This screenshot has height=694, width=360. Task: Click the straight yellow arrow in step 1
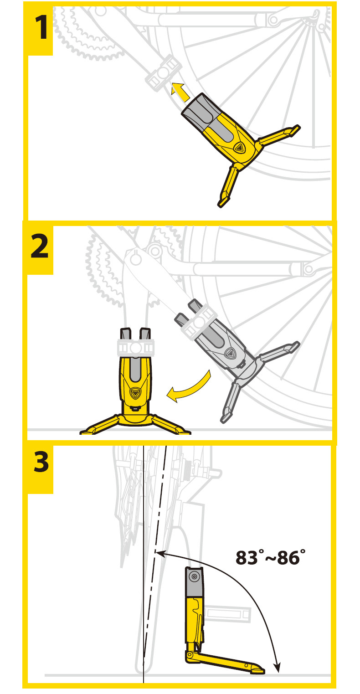180,92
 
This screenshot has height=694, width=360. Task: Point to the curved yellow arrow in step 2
189,387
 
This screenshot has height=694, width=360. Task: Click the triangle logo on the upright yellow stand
135,393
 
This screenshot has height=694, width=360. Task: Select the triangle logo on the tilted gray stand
231,353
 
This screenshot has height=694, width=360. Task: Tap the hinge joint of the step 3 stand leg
190,655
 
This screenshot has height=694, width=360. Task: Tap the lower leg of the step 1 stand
228,185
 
